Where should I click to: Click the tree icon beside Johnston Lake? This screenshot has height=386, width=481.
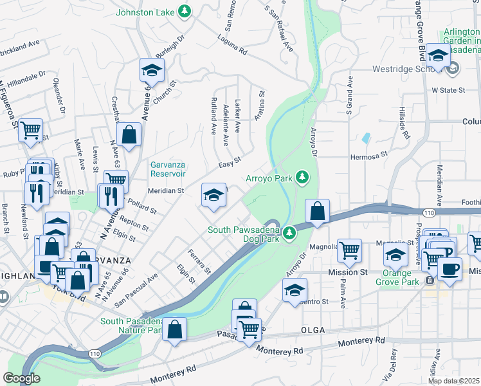(185, 11)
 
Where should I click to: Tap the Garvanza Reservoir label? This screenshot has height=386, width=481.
(168, 169)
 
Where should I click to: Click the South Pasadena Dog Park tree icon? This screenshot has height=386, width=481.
(291, 230)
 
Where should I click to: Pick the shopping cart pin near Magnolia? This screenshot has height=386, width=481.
(349, 250)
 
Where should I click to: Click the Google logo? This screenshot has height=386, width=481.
(21, 378)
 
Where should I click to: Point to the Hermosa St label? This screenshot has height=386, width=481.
(369, 155)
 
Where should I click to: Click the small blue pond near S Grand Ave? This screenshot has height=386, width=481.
(366, 138)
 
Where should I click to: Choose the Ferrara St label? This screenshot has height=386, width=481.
(199, 261)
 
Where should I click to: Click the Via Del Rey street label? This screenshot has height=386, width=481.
(387, 371)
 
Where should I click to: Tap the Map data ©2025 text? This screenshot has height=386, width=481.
(454, 381)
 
